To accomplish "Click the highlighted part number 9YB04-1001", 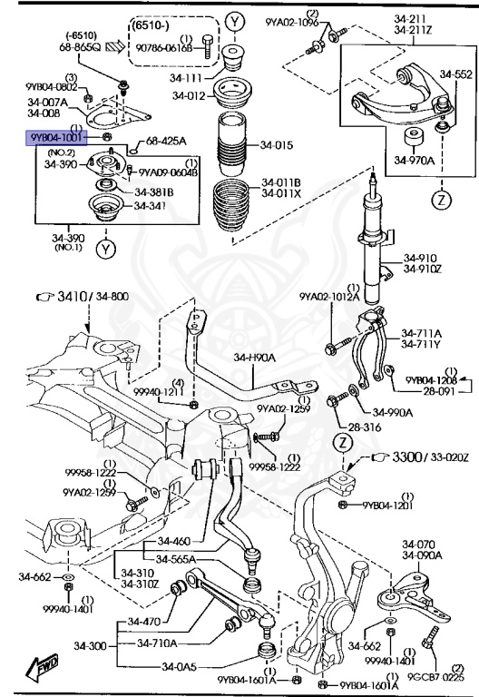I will pos(56,137).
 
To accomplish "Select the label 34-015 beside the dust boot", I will pos(277,145).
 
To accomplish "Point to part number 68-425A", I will pos(166,141).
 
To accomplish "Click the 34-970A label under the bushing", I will pos(414,161).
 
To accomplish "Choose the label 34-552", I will pos(456,74).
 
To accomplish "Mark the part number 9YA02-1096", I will pos(292,21).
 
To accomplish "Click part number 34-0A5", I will pos(182,667).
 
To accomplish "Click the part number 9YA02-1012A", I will pos(329,296).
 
